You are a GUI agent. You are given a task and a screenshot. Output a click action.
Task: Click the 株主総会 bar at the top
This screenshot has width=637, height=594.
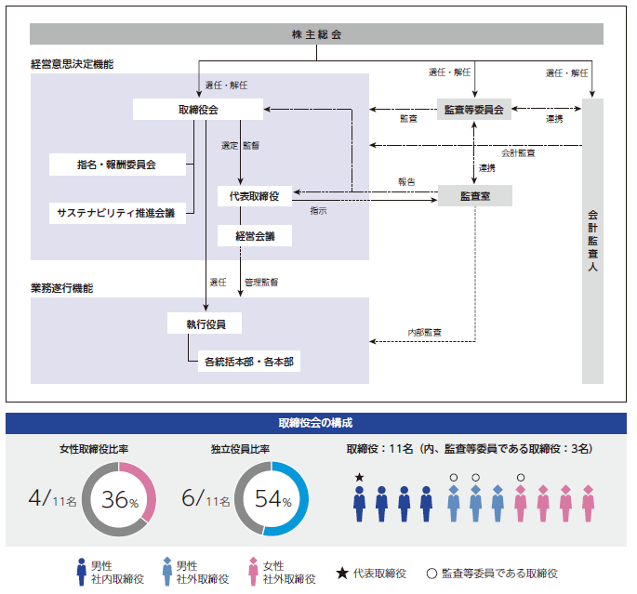(316, 34)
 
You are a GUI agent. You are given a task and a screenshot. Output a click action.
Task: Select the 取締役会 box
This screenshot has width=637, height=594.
(197, 110)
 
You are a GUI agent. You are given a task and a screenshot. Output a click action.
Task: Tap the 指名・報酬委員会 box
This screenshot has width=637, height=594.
(117, 165)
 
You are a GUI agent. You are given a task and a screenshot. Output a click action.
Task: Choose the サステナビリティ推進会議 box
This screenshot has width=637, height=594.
(117, 213)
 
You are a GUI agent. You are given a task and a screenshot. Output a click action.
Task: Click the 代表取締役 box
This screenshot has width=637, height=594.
(254, 196)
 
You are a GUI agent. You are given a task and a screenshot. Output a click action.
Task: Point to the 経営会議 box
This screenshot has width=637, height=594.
(254, 236)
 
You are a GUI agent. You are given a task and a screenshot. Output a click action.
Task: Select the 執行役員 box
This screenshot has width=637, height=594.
(205, 323)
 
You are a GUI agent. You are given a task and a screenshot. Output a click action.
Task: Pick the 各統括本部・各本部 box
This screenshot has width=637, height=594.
(248, 362)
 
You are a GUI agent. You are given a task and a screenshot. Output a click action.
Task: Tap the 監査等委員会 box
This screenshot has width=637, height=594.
(474, 109)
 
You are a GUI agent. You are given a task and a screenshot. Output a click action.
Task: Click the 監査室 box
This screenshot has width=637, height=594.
(474, 197)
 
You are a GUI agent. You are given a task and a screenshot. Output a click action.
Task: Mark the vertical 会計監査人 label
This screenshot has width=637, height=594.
(592, 240)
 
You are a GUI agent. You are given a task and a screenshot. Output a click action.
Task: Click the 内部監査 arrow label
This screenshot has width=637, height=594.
(424, 332)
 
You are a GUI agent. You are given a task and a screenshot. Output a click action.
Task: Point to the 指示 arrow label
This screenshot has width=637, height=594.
(318, 211)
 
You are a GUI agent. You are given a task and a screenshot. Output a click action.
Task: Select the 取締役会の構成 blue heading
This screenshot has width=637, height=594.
(316, 422)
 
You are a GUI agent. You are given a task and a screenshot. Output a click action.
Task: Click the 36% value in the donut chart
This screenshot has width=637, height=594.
(120, 499)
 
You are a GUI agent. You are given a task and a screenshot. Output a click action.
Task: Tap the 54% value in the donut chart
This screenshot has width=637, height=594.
(272, 499)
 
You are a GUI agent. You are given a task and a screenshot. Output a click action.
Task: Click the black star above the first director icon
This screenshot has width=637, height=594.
(359, 478)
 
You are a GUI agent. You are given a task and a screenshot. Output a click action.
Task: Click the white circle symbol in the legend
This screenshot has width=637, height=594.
(431, 574)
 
